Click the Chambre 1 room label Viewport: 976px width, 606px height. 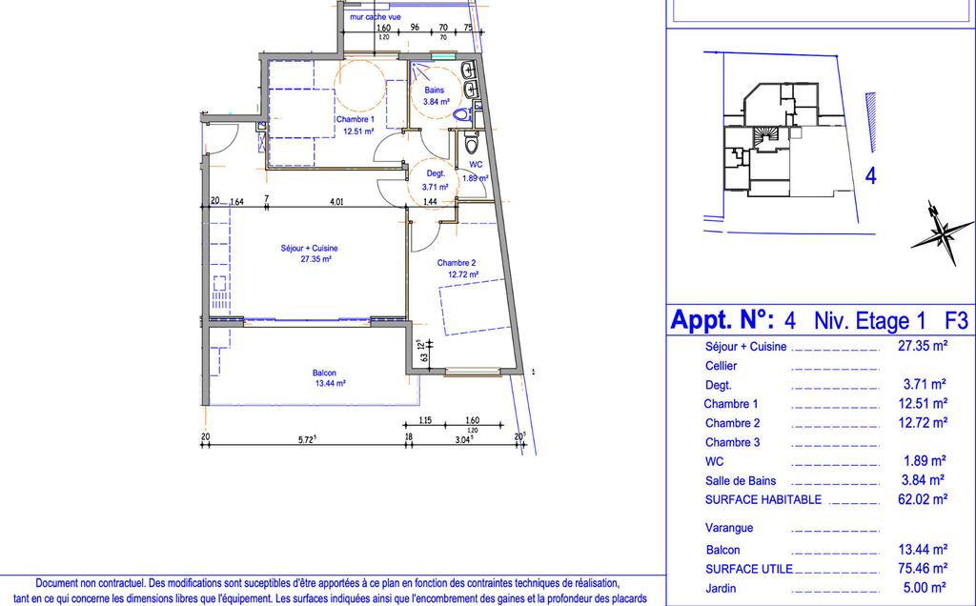(x=356, y=125)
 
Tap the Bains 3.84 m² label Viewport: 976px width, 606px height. (x=436, y=96)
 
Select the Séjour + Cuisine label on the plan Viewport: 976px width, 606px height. (x=310, y=253)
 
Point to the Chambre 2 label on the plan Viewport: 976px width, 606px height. (x=458, y=269)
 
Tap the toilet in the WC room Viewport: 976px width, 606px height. (x=471, y=143)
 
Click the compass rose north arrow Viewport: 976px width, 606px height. (x=943, y=233)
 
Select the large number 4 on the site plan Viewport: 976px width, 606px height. (x=871, y=175)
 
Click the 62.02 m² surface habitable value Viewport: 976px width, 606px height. (x=923, y=499)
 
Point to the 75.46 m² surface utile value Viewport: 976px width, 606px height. (x=923, y=568)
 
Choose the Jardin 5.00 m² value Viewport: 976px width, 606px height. (x=924, y=587)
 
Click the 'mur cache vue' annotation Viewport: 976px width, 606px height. (x=376, y=17)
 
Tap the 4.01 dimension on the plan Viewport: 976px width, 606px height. (x=336, y=201)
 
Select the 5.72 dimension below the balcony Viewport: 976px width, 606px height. (x=308, y=438)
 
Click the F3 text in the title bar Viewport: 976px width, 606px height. (x=956, y=320)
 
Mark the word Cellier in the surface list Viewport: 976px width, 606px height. (x=721, y=366)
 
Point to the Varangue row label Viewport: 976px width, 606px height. (x=729, y=528)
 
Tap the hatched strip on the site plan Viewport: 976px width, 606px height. (x=871, y=123)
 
